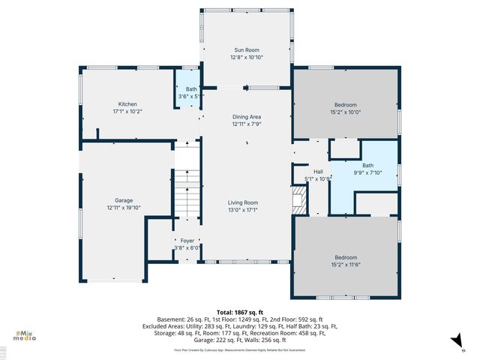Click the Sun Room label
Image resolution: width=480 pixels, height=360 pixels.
[x=247, y=49]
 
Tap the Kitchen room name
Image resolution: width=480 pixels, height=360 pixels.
[x=127, y=104]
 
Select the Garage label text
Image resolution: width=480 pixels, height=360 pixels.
[x=124, y=201]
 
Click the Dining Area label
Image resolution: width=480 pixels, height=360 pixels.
[x=247, y=117]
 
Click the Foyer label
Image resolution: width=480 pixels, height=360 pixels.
[x=187, y=241]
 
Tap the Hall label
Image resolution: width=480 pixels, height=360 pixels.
[x=318, y=172]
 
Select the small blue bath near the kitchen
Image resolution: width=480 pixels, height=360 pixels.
[x=187, y=90]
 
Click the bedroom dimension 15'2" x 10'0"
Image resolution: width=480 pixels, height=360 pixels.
[x=345, y=112]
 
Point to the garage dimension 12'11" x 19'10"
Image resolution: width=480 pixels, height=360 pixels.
[x=124, y=208]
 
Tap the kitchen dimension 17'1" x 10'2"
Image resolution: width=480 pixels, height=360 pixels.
[x=127, y=111]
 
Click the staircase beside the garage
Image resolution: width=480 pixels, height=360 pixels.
[x=188, y=191]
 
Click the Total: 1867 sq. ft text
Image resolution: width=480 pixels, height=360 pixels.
[x=240, y=311]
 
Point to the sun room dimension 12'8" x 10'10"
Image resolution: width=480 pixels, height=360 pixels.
[x=247, y=57]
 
